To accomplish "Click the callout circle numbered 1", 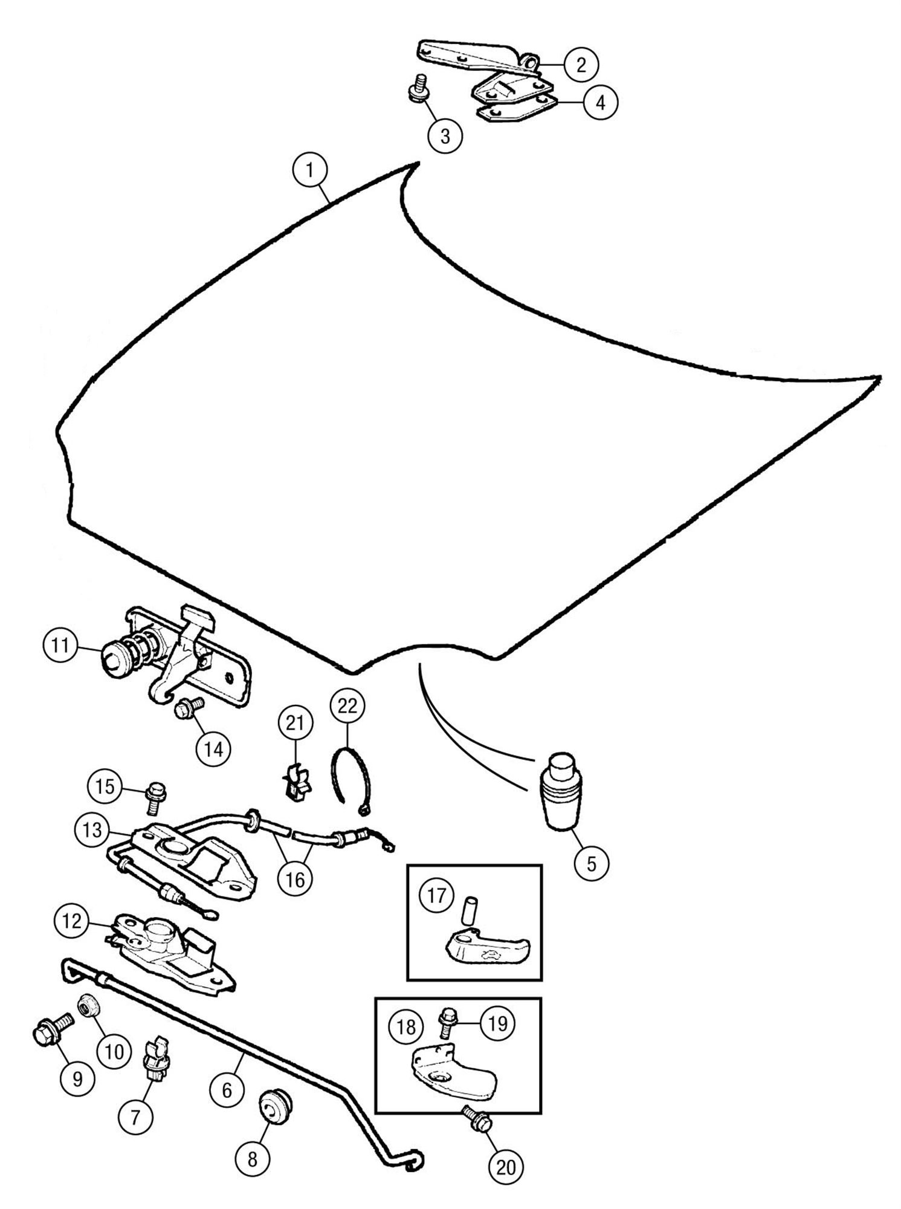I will [310, 170].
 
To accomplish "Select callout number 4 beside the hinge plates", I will [600, 103].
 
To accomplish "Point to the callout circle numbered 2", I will [581, 65].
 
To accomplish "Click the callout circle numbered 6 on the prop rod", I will [227, 1090].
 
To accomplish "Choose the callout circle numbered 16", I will [295, 879].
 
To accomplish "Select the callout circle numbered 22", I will [347, 705].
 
